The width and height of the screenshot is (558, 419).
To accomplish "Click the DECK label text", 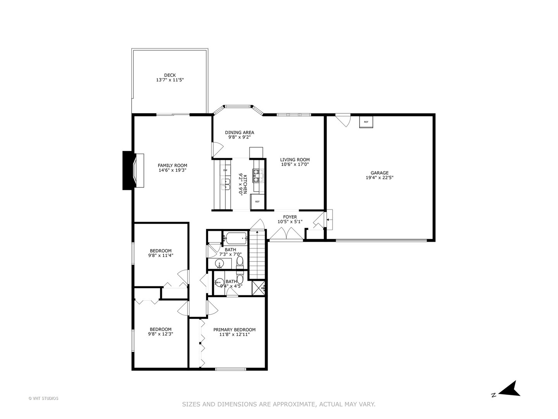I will (x=170, y=75).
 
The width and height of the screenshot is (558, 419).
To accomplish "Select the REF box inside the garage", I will (x=366, y=122).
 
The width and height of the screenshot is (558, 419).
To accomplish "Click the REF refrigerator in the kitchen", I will (x=257, y=202).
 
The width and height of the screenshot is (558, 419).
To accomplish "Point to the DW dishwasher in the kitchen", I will (x=225, y=170).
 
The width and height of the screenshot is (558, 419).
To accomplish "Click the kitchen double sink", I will (x=225, y=184).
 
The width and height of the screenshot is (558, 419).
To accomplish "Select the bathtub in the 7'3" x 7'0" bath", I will (x=235, y=237).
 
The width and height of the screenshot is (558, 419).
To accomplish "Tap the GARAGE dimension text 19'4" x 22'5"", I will (x=379, y=178).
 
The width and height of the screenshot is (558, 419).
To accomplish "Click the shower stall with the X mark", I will (x=257, y=287).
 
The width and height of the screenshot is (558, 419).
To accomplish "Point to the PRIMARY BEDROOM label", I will (x=234, y=330).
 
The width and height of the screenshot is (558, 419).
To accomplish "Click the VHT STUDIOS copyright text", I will (x=43, y=398).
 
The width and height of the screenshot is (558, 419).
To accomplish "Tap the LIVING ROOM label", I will (x=295, y=159).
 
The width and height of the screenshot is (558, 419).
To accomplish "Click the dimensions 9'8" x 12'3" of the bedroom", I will (x=160, y=334).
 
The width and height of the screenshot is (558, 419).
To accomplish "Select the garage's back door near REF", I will (x=343, y=119).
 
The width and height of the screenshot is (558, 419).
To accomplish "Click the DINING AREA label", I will (x=239, y=132).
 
